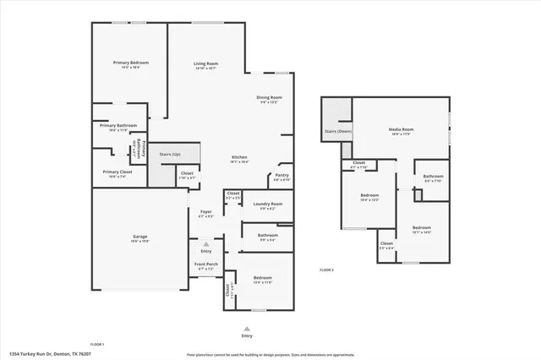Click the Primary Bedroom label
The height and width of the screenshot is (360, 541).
tap(131, 63)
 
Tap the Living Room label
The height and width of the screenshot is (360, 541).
tap(205, 63)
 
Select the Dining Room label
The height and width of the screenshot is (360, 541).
tap(269, 98)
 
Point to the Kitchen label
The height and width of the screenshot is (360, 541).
tap(240, 157)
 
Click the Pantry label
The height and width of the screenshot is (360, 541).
tap(281, 176)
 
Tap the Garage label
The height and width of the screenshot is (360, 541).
tap(139, 236)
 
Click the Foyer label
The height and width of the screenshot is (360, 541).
tap(205, 211)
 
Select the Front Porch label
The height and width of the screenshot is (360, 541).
tap(205, 265)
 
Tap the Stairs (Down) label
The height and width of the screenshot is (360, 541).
tap(337, 132)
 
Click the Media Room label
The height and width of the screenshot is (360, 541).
tap(399, 129)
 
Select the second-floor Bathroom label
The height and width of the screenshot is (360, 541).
tap(433, 176)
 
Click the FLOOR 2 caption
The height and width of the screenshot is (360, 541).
tap(326, 270)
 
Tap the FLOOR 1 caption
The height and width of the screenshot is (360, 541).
tap(97, 345)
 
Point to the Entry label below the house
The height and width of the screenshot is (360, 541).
tap(247, 335)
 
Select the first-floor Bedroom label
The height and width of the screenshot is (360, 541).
tap(262, 278)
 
